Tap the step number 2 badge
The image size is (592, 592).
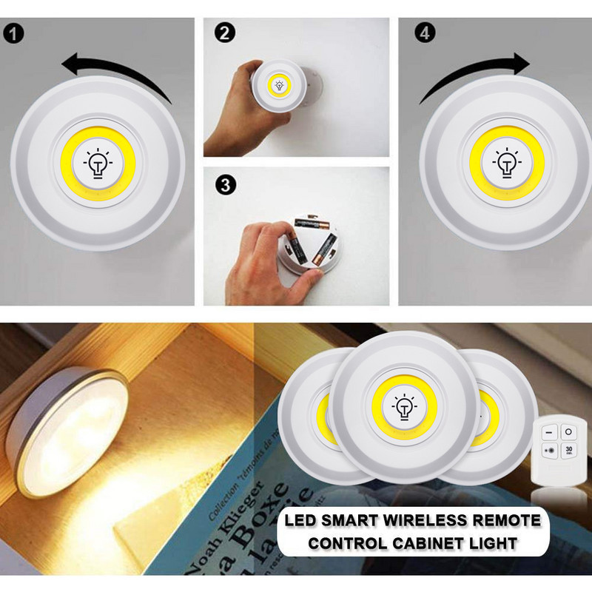click(222, 33)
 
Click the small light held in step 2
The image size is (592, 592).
click(280, 86)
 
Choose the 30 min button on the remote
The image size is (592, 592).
click(568, 451)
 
